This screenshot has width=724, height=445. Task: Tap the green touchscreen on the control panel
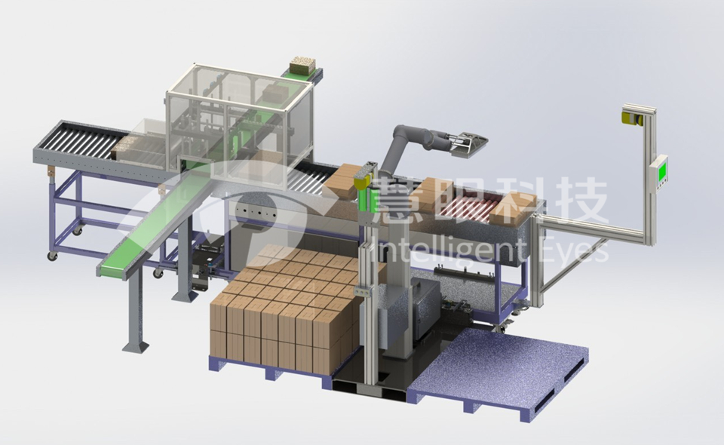click(662, 168)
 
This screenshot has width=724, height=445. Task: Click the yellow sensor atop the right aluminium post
click(633, 115)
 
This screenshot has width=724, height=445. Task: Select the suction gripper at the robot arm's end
click(468, 141)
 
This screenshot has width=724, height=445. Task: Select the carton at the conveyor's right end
click(514, 207)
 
